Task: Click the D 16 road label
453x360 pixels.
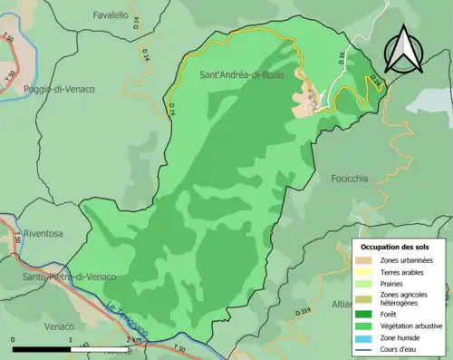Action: coord(342,56)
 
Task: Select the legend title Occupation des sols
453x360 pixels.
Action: coord(396,246)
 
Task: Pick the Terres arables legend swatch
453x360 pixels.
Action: coord(366,271)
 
